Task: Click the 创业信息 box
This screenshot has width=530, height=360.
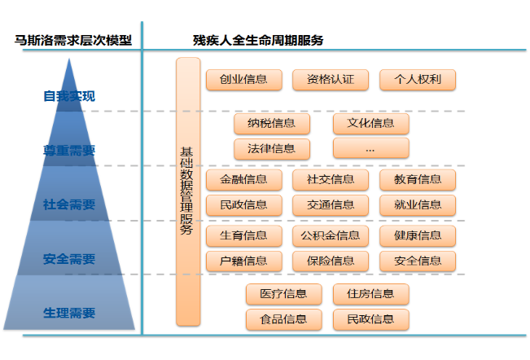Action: (x=244, y=80)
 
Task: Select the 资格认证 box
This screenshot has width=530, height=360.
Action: (x=331, y=80)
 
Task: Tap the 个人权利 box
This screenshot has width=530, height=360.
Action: (x=418, y=80)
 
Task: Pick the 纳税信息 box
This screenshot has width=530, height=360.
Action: (x=272, y=123)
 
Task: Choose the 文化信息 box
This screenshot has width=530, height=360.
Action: (x=371, y=123)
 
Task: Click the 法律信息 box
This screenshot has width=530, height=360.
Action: (x=272, y=149)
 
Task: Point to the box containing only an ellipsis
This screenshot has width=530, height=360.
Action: (x=371, y=149)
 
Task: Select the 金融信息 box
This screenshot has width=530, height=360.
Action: (x=244, y=179)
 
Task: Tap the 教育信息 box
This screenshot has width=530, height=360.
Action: (x=418, y=179)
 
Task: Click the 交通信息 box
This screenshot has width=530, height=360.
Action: (x=331, y=205)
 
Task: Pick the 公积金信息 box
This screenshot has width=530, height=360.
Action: (x=331, y=235)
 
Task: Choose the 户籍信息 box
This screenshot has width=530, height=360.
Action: (x=244, y=261)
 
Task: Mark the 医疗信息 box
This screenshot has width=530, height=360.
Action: (x=284, y=294)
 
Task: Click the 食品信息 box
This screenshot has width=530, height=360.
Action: (x=284, y=319)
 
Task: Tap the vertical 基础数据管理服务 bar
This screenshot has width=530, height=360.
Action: (x=188, y=191)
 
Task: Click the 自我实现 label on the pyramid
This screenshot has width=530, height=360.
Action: (x=69, y=96)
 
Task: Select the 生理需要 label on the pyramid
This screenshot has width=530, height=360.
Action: (x=69, y=313)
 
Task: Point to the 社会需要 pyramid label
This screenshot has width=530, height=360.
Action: (x=69, y=204)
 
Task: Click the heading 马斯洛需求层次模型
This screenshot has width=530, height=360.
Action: (x=73, y=40)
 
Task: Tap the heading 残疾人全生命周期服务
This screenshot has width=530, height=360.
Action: (x=258, y=40)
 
